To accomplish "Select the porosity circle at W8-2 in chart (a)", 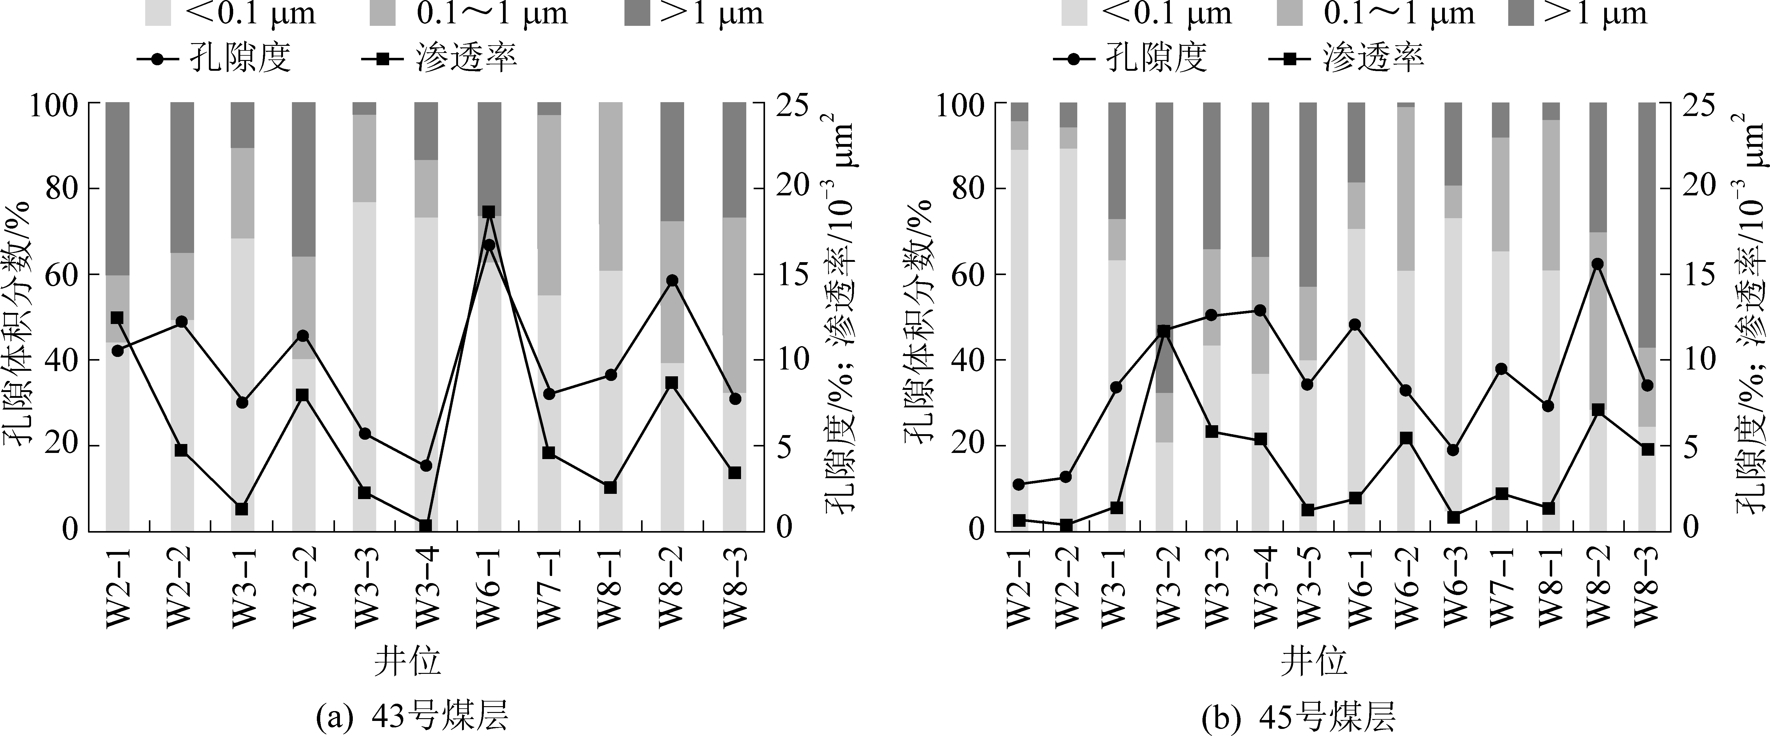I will point(672,280).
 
